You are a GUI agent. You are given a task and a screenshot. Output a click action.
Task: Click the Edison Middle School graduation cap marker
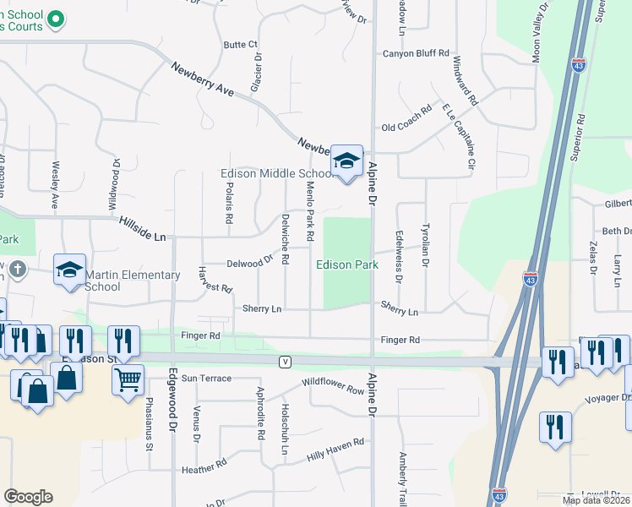[346, 160]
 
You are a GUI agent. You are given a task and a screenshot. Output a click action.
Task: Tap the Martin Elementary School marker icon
[69, 270]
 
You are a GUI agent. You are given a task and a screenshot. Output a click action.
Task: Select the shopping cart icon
[128, 380]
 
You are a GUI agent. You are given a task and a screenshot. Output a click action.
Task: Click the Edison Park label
[347, 264]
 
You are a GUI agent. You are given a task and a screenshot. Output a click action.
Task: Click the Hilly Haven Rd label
[335, 448]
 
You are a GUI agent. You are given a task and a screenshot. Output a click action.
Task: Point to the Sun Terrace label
[205, 378]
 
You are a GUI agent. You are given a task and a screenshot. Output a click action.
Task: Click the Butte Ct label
[240, 45]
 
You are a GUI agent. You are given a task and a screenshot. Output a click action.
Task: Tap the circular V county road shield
[286, 362]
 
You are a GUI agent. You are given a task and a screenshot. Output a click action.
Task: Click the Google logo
[28, 497]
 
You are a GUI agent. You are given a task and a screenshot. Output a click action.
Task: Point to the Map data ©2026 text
[596, 500]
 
